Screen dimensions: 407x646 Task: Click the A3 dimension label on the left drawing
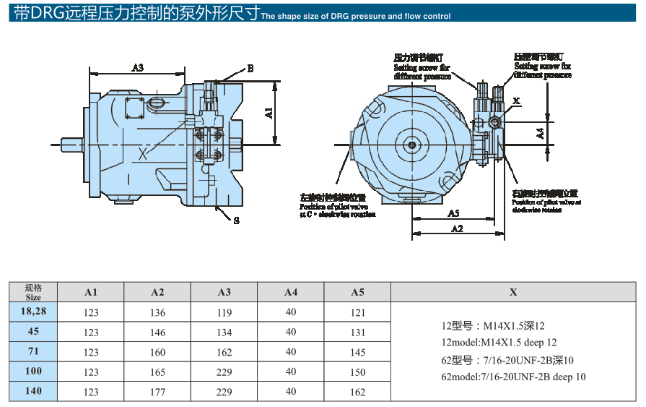tap(138, 67)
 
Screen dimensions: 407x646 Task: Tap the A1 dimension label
tap(269, 113)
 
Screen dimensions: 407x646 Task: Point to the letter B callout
tap(250, 69)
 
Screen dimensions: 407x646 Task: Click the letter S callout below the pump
tap(236, 221)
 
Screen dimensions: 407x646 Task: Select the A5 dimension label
tap(453, 213)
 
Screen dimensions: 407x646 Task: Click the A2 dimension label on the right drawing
tap(457, 228)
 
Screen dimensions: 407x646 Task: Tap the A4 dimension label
tap(541, 133)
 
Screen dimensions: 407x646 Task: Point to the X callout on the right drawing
tap(516, 100)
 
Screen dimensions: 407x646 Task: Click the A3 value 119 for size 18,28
tap(224, 313)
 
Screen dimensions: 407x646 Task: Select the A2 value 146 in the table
tap(157, 333)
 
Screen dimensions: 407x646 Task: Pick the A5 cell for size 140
tap(357, 393)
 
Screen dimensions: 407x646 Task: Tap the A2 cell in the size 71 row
tap(157, 353)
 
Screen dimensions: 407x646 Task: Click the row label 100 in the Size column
tap(33, 372)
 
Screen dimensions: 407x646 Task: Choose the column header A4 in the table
tap(291, 292)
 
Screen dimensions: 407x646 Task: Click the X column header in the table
tap(513, 292)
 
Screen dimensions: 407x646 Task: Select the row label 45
tap(33, 332)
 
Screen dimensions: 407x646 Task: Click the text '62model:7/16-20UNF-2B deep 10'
tap(513, 377)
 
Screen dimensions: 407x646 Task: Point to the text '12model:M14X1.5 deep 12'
tap(499, 342)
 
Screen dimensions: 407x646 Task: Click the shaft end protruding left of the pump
tap(71, 144)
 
